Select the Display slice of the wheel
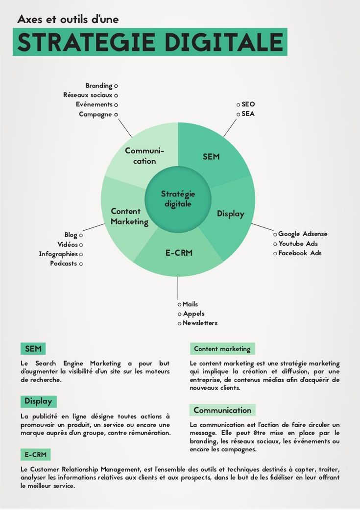[x=231, y=214]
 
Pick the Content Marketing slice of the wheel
[x=128, y=216]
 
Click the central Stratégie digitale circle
[x=178, y=199]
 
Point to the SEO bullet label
[x=248, y=104]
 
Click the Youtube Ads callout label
[x=298, y=243]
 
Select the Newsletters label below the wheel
[x=200, y=323]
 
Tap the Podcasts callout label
[x=64, y=263]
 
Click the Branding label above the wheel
[x=99, y=86]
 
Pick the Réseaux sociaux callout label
[x=88, y=95]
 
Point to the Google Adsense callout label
[x=303, y=234]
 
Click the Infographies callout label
[x=58, y=254]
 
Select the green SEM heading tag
[x=33, y=348]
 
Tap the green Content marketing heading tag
[x=222, y=349]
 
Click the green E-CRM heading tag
[x=35, y=455]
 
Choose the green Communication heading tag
[x=222, y=410]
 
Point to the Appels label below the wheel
[x=193, y=314]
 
